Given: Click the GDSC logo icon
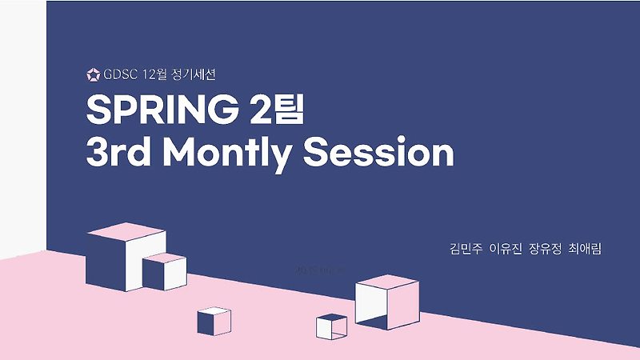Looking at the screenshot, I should (x=93, y=76).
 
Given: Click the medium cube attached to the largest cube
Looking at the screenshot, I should (x=164, y=272).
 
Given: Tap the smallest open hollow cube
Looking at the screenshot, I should (x=331, y=326).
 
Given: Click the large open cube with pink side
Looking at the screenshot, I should (x=386, y=302).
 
